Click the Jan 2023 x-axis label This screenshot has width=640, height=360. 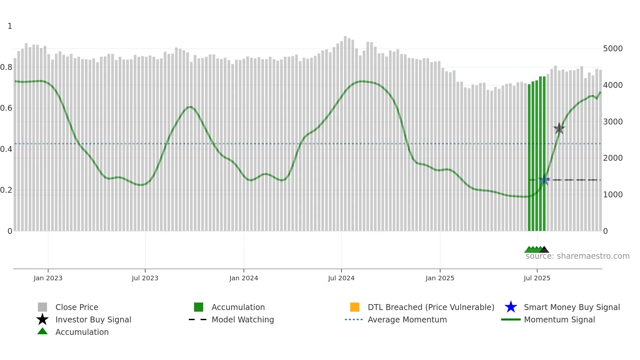[x=48, y=278]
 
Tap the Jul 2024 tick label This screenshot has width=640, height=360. [x=341, y=278]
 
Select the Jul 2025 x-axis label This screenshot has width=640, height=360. [x=537, y=278]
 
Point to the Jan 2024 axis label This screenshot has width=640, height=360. [x=244, y=278]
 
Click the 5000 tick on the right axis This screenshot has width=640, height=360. [x=613, y=49]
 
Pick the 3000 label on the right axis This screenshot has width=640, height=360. [x=613, y=122]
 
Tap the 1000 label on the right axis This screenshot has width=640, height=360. [x=613, y=195]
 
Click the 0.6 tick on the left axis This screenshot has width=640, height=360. [x=6, y=108]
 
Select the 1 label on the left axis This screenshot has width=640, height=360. [x=10, y=26]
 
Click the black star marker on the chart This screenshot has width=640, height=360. [x=559, y=128]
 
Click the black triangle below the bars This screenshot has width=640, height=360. [x=544, y=250]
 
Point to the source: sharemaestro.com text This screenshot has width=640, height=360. [x=577, y=256]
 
